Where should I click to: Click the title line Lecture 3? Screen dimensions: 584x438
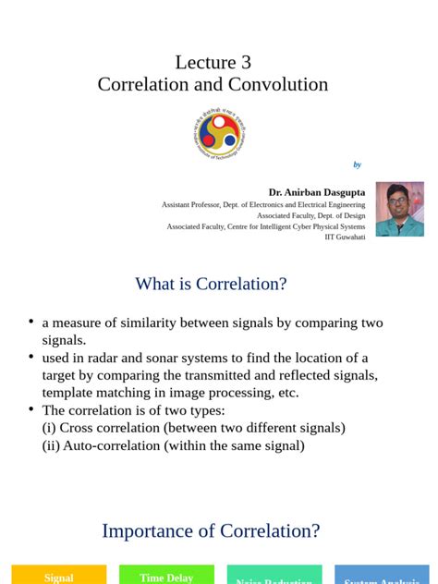(x=213, y=62)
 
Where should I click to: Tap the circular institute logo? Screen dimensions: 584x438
(x=219, y=132)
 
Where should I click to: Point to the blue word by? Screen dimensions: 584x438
(x=357, y=164)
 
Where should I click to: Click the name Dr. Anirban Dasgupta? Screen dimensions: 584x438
(x=316, y=192)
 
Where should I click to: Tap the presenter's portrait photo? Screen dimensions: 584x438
(x=399, y=209)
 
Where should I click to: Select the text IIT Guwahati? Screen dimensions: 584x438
(x=345, y=237)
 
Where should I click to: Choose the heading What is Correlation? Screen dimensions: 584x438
(x=211, y=284)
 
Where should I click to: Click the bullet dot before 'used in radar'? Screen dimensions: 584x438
(x=31, y=357)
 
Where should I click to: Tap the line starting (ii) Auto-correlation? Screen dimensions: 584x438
(x=173, y=445)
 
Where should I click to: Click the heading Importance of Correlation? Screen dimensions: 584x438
(x=211, y=530)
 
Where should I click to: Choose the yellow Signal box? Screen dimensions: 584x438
(x=59, y=576)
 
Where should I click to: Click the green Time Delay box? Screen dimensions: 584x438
(x=166, y=576)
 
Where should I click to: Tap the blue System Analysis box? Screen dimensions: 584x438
(x=382, y=578)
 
